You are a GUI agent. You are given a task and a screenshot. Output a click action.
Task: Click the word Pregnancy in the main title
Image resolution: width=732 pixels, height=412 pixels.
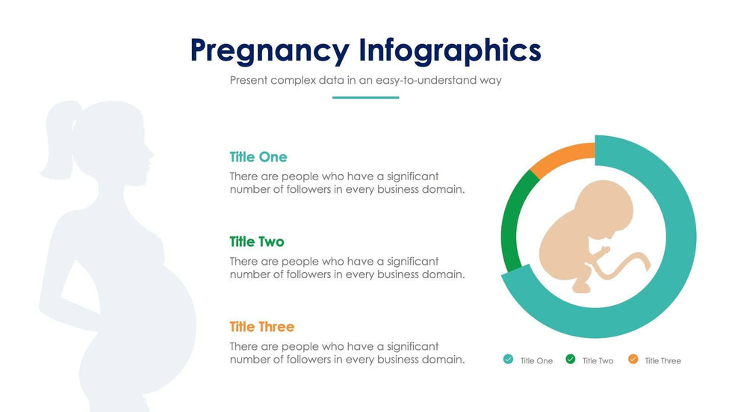tap(270, 51)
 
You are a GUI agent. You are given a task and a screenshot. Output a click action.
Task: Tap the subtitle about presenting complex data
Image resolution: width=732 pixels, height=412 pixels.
tap(365, 80)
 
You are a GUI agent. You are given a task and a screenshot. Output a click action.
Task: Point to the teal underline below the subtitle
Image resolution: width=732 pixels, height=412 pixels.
tap(365, 98)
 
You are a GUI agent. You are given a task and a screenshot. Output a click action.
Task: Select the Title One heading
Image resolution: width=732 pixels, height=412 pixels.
tap(258, 157)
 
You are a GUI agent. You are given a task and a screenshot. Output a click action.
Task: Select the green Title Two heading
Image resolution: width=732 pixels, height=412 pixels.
tap(257, 242)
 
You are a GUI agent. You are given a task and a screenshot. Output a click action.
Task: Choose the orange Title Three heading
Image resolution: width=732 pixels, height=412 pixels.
tap(262, 327)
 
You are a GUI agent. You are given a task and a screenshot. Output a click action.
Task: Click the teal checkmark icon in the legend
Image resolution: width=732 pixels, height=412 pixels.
tap(509, 359)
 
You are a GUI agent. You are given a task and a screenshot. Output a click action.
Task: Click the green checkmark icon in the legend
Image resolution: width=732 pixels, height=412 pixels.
tap(571, 359)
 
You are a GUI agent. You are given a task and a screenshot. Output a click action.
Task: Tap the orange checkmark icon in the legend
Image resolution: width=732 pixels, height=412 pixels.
tap(633, 359)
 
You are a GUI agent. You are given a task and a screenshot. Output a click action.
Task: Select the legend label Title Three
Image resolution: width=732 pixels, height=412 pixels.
tap(663, 360)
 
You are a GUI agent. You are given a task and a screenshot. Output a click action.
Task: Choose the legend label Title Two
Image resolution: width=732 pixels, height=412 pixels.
tap(598, 360)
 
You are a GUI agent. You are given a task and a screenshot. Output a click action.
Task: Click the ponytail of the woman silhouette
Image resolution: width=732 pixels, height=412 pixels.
tap(58, 139)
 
